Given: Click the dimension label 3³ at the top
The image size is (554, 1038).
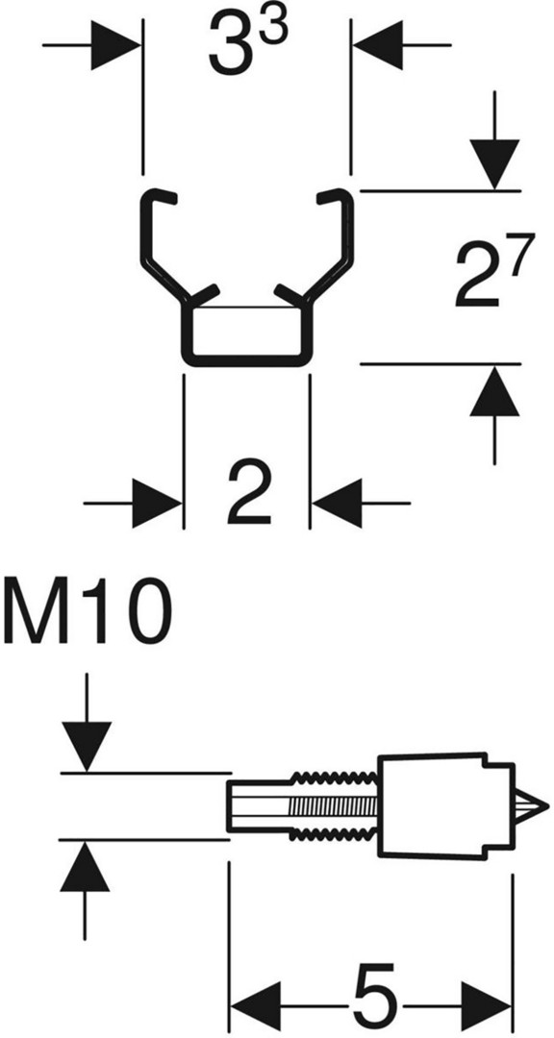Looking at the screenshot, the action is coord(248,44).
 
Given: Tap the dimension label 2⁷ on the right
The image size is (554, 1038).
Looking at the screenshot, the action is coord(493,276).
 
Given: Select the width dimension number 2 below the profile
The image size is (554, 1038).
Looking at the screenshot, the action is coord(249,494).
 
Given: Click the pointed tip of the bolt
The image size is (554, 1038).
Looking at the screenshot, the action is coord(547,805).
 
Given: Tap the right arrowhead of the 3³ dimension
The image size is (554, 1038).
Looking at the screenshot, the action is coord(378,45).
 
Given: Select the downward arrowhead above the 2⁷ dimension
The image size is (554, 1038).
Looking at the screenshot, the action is coord(494,165).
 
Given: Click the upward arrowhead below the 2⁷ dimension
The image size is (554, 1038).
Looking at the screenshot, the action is coord(494,391).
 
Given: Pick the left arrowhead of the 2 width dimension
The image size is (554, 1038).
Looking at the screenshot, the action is coord(157,504).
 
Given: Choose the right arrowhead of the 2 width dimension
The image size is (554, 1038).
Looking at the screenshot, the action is coord(337,504).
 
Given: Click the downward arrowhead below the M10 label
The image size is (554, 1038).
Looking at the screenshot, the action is coord(86,747).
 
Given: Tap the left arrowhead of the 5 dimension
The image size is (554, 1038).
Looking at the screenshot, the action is coord(255,1007).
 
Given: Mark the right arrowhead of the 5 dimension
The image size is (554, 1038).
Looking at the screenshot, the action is coord(486,1007).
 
